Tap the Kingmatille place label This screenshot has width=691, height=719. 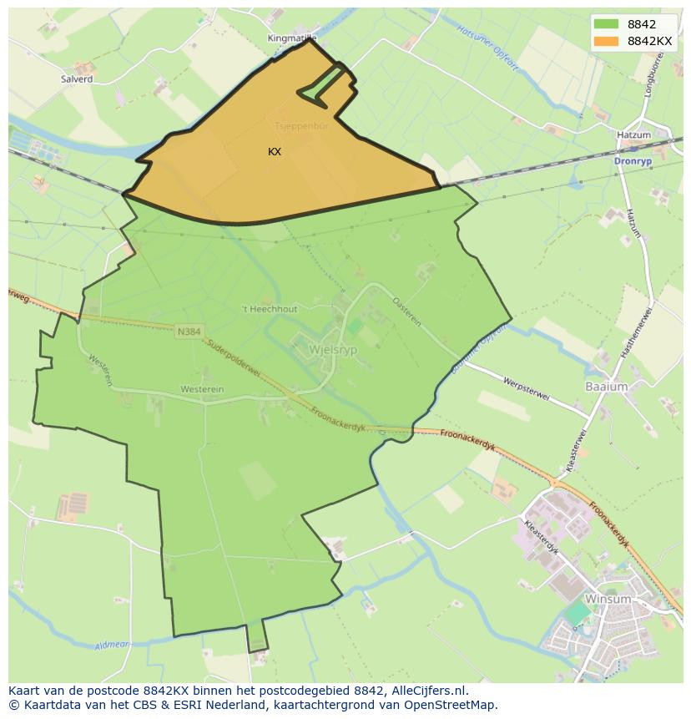[x=292, y=38]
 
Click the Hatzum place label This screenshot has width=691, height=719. [x=633, y=134]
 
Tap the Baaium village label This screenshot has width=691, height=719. [x=606, y=387]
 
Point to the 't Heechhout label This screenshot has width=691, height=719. [x=269, y=309]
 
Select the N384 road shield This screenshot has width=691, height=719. [x=189, y=332]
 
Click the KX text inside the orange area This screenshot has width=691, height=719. [x=275, y=152]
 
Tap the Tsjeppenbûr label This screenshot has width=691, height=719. [x=296, y=126]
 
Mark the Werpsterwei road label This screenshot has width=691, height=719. [x=527, y=389]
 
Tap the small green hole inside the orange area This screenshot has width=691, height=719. [x=321, y=84]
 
